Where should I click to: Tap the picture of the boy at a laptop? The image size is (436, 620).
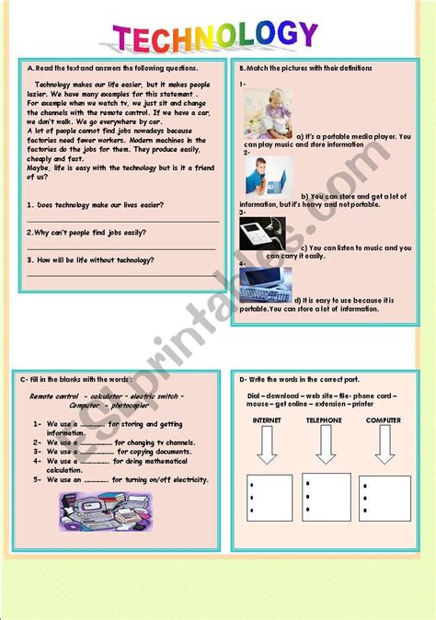point(268,176)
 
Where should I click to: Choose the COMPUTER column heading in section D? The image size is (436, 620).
point(383,420)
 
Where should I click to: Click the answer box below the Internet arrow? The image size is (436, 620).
point(270,498)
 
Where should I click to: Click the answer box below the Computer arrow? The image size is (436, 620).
point(384,498)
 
